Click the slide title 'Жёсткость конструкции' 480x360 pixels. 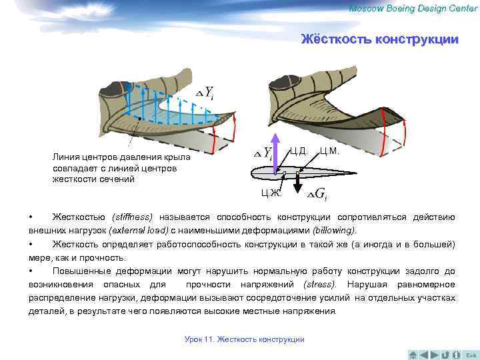coord(379,39)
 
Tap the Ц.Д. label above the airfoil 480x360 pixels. coord(298,151)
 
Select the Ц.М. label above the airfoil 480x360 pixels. coord(330,151)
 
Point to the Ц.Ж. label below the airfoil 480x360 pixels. coord(271,193)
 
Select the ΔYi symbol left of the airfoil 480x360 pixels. coord(265,153)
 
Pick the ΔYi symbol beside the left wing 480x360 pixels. coord(205,93)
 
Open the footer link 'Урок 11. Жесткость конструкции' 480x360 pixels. coord(244,339)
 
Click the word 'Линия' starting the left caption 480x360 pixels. coord(64,157)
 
